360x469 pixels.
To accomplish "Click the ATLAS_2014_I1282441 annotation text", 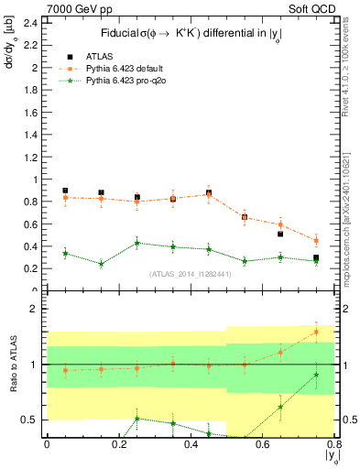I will click(x=190, y=274).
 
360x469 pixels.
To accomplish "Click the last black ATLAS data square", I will click(x=316, y=258).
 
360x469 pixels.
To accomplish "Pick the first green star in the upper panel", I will click(x=65, y=253).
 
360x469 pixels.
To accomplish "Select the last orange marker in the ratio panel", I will click(x=316, y=332).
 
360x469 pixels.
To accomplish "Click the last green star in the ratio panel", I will click(x=316, y=374).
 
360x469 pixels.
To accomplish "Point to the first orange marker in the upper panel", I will click(x=65, y=197).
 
